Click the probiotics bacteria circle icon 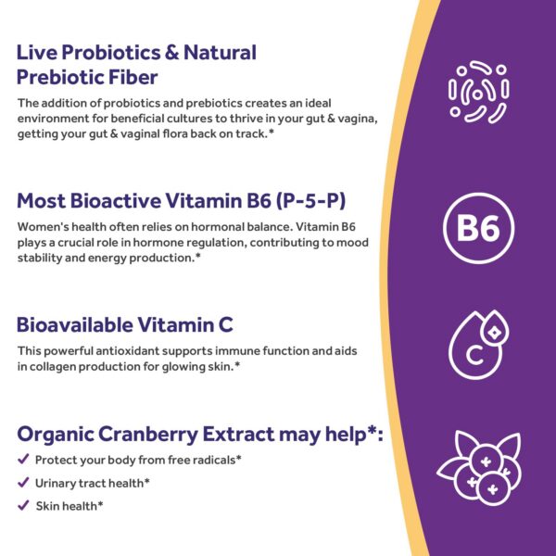point(479,93)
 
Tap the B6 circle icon point(479,228)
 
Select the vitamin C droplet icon point(478,343)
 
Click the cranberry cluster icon point(479,465)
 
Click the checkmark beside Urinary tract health point(23,483)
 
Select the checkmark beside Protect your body point(23,460)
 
